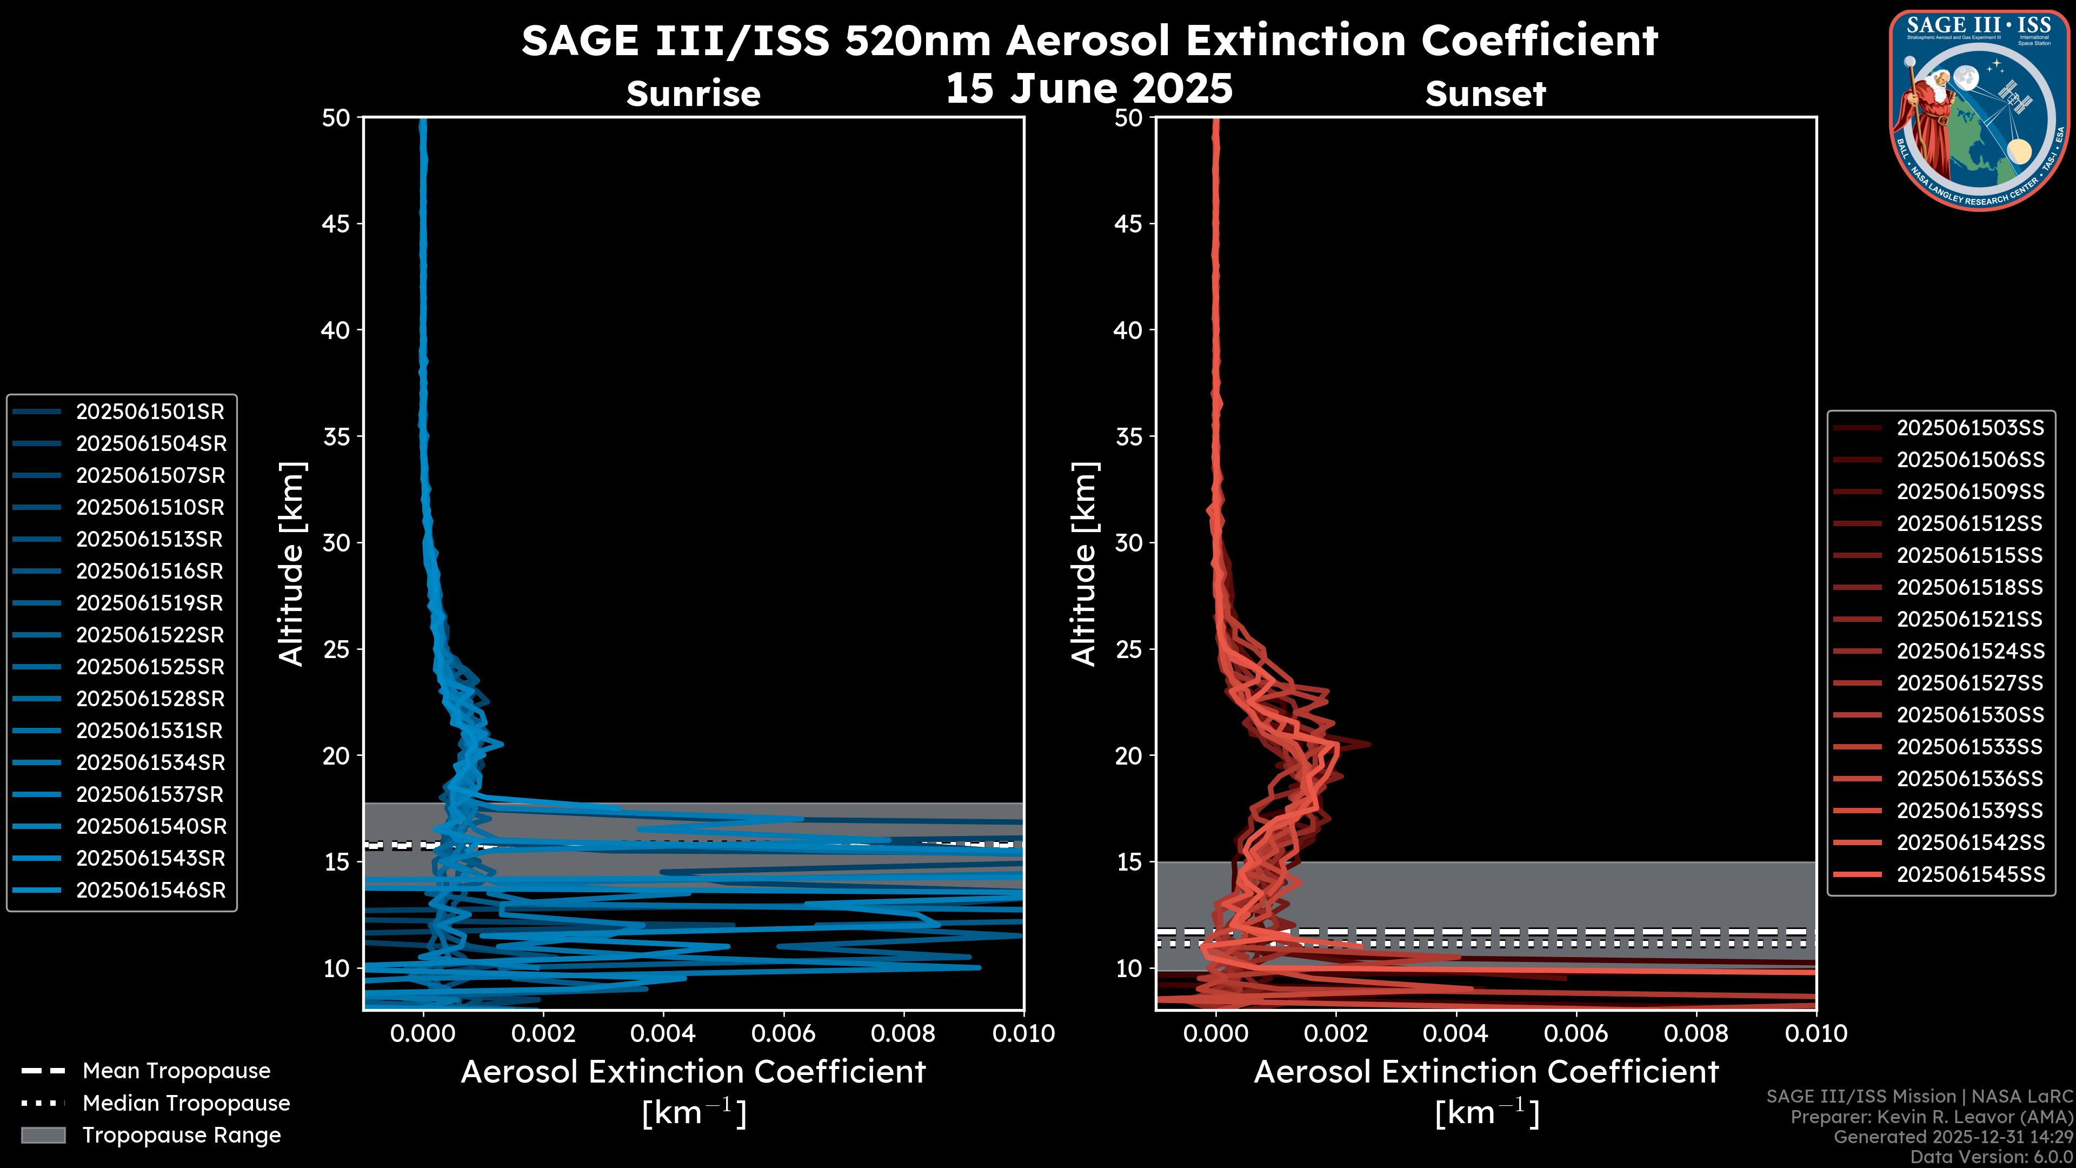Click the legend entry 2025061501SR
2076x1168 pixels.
150,412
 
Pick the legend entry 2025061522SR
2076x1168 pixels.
150,635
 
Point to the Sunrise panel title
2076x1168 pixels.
693,94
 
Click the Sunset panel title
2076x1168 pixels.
1485,94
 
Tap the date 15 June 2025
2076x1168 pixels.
1089,89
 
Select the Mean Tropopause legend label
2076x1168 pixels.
176,1071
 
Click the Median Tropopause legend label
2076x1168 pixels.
186,1104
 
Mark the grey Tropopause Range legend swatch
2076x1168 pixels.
43,1136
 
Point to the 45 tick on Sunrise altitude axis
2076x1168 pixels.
336,224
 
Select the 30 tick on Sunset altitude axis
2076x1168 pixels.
1128,543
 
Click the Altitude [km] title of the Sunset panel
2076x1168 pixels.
1084,564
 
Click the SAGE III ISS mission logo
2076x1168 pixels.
1980,110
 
